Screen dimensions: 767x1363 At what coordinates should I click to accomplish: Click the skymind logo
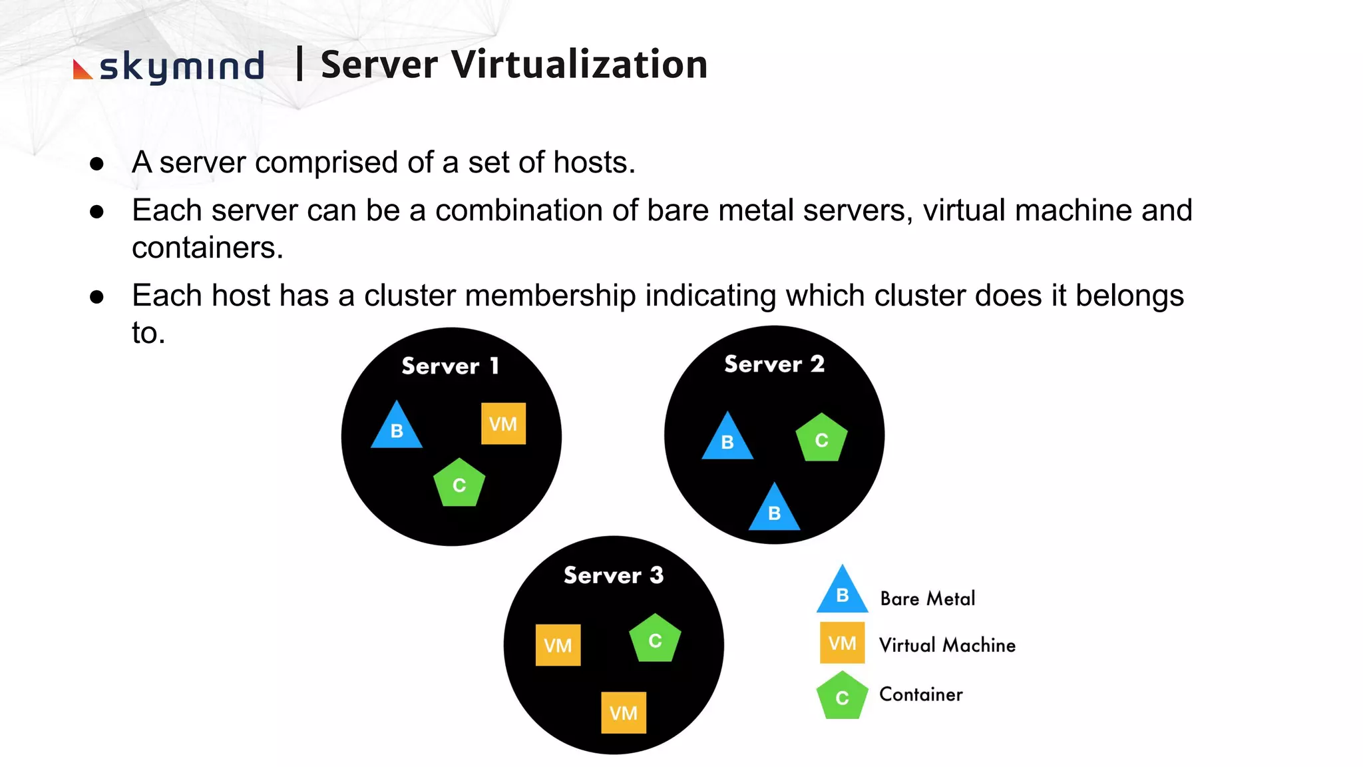point(170,67)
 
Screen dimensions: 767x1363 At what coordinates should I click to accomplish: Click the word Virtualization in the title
point(579,65)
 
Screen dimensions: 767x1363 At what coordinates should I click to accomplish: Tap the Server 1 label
point(451,366)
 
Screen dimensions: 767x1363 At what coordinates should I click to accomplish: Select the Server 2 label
point(774,364)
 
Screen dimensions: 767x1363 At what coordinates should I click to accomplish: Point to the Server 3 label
point(613,575)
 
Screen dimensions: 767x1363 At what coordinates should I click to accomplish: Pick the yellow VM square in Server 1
point(503,423)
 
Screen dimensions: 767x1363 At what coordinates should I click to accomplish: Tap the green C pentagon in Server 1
point(459,483)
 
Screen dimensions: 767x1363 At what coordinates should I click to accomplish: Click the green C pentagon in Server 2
point(821,439)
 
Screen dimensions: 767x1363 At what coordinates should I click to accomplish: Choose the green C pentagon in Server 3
point(655,639)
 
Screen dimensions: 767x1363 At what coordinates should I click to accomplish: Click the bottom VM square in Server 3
point(623,712)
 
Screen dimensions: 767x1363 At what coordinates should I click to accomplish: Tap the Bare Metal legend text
point(927,599)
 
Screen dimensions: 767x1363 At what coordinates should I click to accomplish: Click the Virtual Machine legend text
point(947,645)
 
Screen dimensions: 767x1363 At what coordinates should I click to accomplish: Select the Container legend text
point(920,694)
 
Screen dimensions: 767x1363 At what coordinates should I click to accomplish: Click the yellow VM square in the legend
point(842,643)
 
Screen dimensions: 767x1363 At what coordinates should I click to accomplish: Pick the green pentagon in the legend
point(842,696)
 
